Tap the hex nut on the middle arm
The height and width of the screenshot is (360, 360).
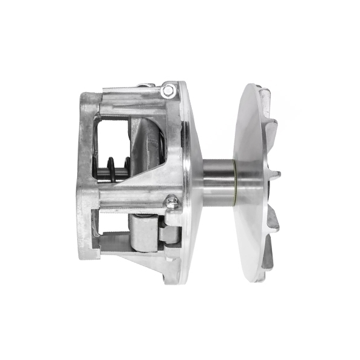(172, 200)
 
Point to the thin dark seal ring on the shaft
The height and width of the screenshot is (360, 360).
(235, 182)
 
